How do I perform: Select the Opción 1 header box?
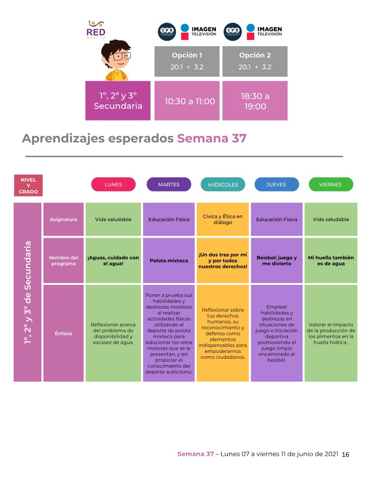[x=187, y=61]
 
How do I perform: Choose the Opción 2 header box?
[x=255, y=61]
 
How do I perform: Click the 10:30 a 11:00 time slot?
[x=187, y=101]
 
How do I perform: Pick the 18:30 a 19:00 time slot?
[x=255, y=101]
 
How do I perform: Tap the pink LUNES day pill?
[x=113, y=185]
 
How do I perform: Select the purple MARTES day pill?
[x=169, y=185]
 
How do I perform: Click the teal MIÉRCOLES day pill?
[x=223, y=185]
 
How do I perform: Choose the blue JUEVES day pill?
[x=276, y=185]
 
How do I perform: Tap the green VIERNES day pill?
[x=331, y=185]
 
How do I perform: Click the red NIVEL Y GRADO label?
[x=28, y=186]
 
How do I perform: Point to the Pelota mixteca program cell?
[x=169, y=261]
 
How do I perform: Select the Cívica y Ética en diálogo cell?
[x=223, y=220]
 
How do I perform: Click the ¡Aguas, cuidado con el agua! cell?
[x=113, y=261]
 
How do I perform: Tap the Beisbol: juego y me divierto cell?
[x=276, y=261]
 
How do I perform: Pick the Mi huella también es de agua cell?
[x=331, y=261]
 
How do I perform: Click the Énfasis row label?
[x=63, y=333]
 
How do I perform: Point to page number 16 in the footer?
[x=345, y=455]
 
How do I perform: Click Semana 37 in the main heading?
[x=211, y=138]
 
